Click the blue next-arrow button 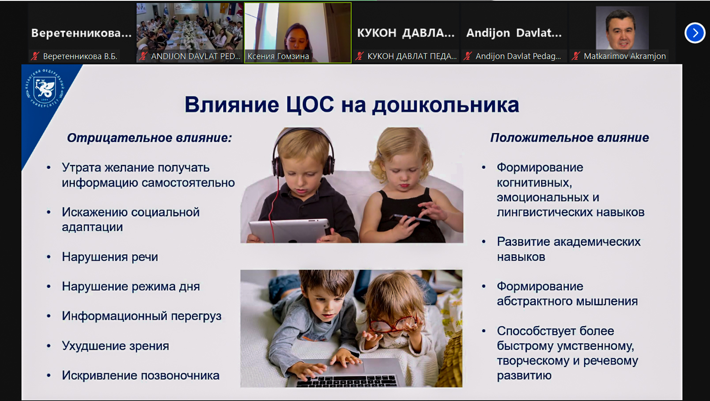point(695,33)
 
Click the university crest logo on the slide point(45,88)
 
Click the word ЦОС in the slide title point(310,105)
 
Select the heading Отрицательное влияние point(149,138)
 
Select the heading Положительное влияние point(569,138)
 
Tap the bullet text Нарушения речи point(110,257)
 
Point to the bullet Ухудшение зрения point(115,346)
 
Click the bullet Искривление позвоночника point(140,375)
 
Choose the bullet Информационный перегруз point(141,316)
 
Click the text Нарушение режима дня point(131,286)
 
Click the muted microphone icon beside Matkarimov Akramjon point(576,56)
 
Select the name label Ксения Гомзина point(278,56)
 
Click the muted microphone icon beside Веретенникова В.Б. point(35,56)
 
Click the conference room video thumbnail point(189,32)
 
